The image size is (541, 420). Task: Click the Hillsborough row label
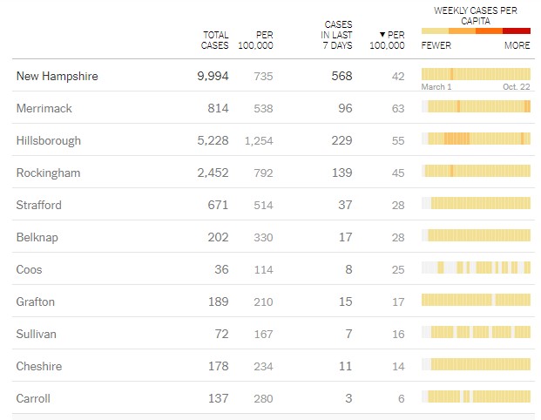pos(48,140)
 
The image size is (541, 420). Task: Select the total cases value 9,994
pos(213,77)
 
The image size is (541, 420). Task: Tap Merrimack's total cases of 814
pos(218,108)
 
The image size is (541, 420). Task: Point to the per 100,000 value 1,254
pos(259,140)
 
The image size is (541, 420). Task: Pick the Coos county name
pos(30,269)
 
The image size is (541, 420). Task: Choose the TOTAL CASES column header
pos(214,40)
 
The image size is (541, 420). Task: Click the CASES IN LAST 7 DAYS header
pos(338,35)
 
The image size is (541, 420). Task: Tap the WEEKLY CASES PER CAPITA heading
pos(475,13)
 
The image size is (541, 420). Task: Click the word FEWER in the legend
pos(436,45)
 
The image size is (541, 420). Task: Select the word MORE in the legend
pos(517,45)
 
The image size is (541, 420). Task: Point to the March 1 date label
pos(436,87)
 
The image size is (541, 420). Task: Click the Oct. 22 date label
pos(516,87)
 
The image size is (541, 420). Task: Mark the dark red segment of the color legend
pos(517,30)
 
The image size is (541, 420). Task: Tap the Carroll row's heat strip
pos(478,397)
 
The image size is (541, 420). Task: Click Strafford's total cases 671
pos(218,205)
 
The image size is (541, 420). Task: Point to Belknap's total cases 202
pos(218,237)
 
